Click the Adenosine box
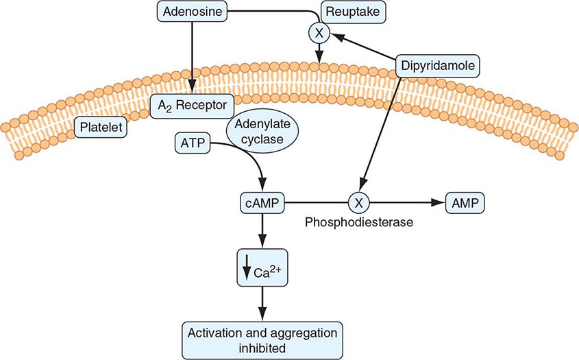[x=193, y=11]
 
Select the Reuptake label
[x=347, y=11]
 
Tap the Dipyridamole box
[x=436, y=66]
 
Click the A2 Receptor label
[x=192, y=104]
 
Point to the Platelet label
[x=101, y=127]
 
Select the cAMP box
[x=261, y=203]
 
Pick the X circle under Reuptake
[x=319, y=32]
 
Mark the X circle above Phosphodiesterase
[x=358, y=203]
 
